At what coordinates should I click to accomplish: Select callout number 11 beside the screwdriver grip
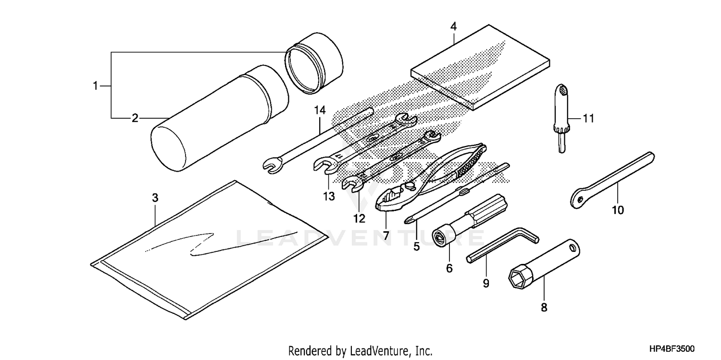(589, 117)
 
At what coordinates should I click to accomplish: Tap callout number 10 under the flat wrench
(618, 210)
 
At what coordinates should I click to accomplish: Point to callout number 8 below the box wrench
(544, 308)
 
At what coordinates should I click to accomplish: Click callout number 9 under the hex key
(485, 284)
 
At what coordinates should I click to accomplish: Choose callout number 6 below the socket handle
(449, 268)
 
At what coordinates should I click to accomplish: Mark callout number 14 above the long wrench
(320, 111)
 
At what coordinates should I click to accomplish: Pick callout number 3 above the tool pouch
(155, 198)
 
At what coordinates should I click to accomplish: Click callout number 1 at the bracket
(95, 86)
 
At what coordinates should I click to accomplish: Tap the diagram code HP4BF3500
(672, 349)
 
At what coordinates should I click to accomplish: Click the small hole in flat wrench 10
(580, 199)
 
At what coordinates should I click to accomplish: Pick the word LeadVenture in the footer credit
(379, 350)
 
